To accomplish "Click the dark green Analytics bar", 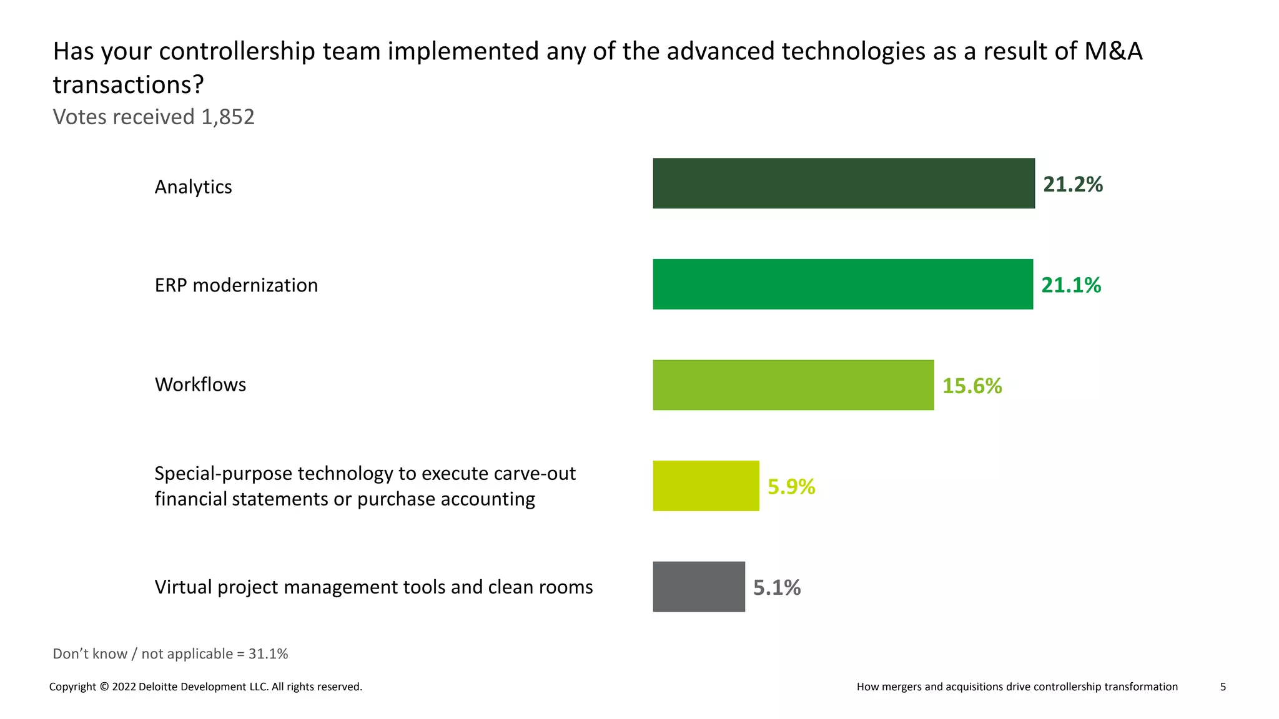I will pos(843,183).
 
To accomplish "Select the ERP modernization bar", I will pos(842,284).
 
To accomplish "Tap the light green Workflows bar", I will pos(793,385).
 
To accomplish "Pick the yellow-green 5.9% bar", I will pos(706,486).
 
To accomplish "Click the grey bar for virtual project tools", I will pos(698,587).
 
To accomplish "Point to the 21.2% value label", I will pos(1072,184).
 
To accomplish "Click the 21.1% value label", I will pos(1070,285).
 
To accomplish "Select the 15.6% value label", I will pos(972,386).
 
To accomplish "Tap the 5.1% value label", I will pos(776,587).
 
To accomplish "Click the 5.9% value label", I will pos(791,486).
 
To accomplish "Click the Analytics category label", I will pos(193,187).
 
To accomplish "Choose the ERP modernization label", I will pos(236,285).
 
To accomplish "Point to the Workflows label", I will pos(200,384).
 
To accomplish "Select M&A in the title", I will pos(1113,51).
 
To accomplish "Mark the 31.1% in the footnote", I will pos(268,653).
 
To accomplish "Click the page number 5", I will pos(1223,687).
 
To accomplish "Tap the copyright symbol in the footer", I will pos(104,687).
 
